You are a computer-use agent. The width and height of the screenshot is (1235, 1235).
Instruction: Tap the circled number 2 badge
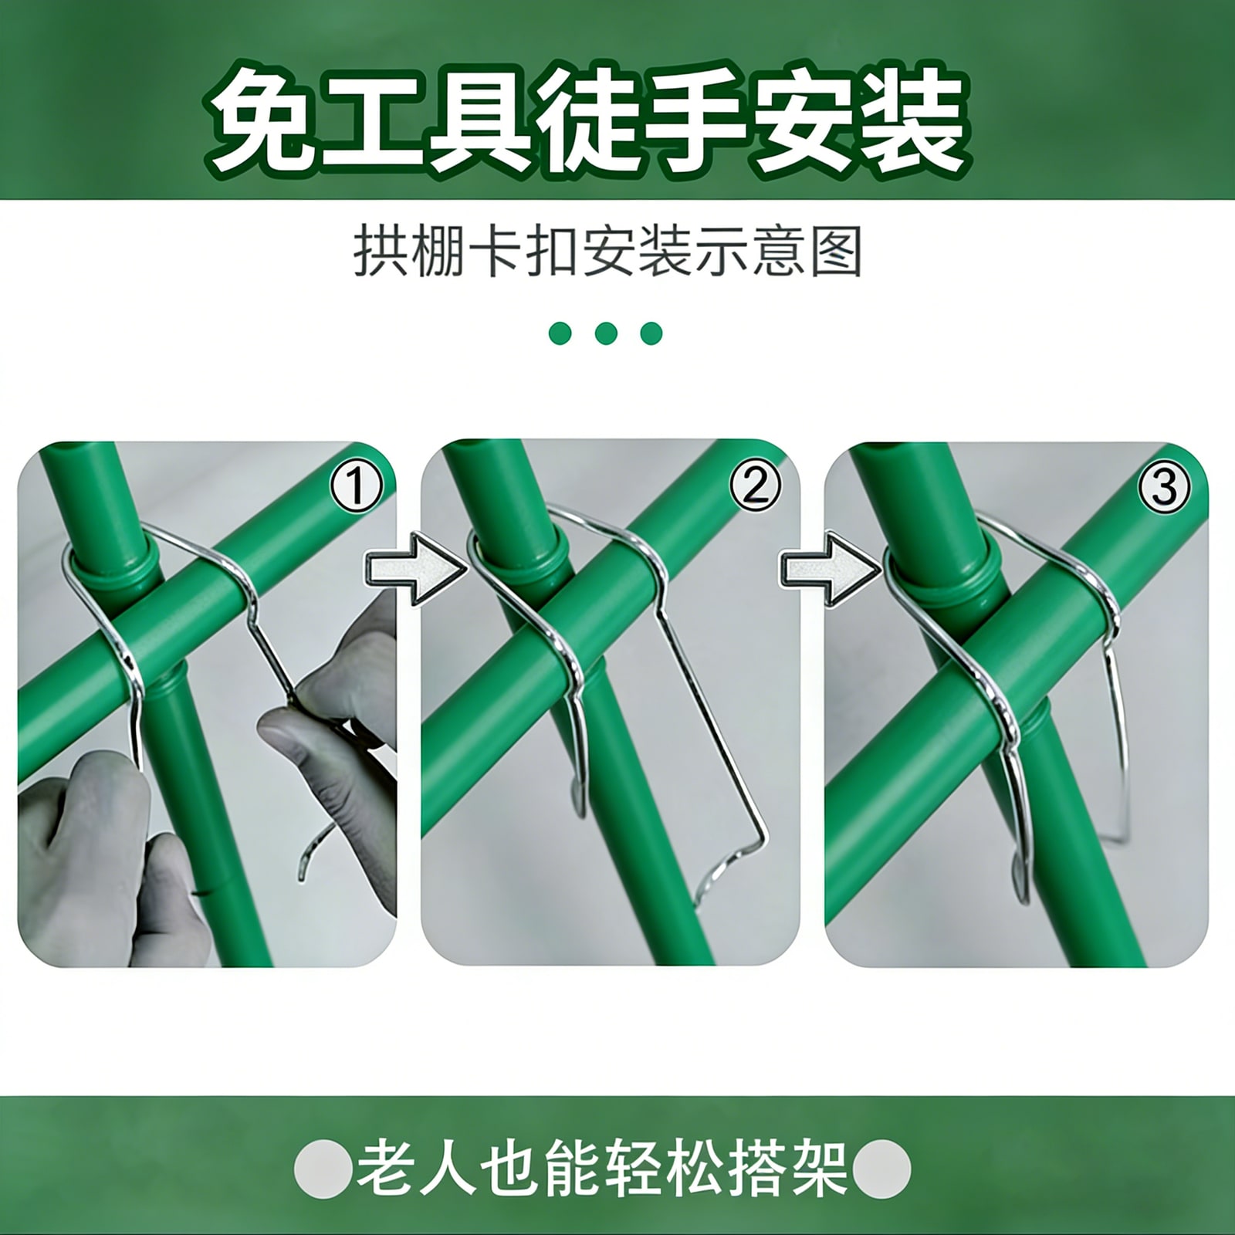coord(755,487)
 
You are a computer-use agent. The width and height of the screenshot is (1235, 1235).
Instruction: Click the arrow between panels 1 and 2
coord(415,567)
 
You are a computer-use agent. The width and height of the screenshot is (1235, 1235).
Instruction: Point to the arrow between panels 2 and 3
coord(831,567)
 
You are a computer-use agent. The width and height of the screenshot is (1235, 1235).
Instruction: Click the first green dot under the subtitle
coord(560,333)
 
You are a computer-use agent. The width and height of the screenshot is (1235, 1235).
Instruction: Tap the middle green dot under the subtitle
coord(606,333)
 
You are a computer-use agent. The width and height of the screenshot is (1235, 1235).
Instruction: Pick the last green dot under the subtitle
coord(651,333)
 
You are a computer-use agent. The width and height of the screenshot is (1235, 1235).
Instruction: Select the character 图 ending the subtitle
coord(837,250)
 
